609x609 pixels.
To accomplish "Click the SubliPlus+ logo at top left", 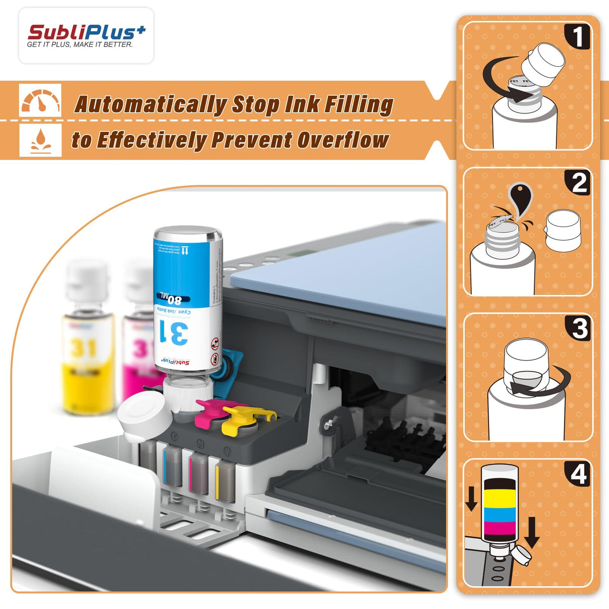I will point(86,36).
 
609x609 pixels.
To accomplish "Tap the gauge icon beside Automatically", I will point(40,101).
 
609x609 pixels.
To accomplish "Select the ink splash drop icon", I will point(40,140).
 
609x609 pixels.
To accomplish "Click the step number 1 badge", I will point(577,37).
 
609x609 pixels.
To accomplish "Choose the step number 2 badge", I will point(578,183).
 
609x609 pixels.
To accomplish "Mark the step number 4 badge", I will point(578,474).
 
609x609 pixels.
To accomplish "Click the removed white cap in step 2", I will point(563,231).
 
